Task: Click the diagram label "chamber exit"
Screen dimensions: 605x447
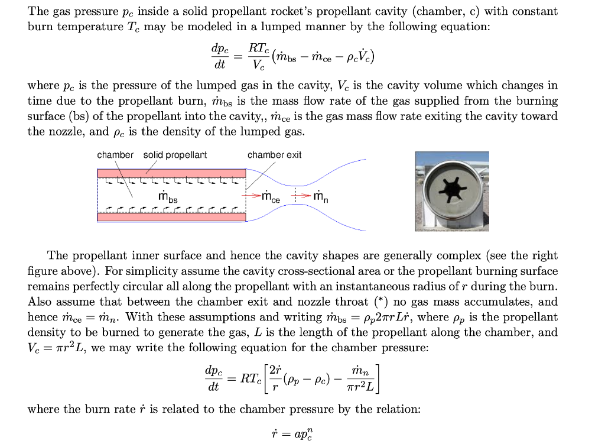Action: click(x=274, y=155)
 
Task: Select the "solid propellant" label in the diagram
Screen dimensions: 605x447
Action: click(x=175, y=155)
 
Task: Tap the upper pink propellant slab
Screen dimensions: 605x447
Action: click(x=171, y=173)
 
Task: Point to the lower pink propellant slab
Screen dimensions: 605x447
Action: click(x=171, y=217)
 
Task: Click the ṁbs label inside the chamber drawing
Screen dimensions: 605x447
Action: click(x=168, y=196)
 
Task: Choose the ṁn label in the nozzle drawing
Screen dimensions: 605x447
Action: click(x=320, y=196)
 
